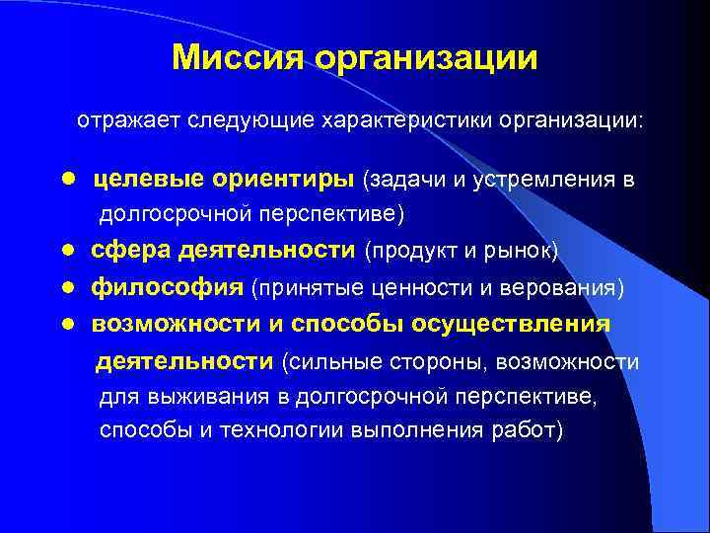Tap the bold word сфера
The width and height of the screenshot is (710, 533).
[131, 252]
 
